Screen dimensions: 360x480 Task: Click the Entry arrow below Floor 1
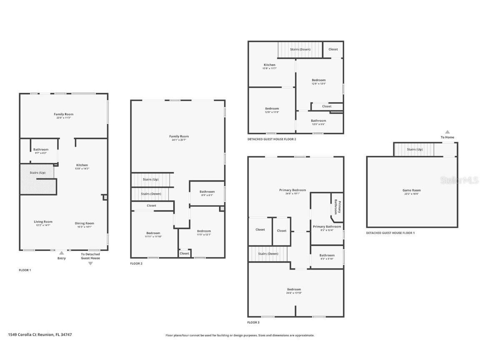(62, 252)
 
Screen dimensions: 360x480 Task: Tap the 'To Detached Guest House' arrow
(90, 263)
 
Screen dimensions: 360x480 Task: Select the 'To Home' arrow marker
(447, 132)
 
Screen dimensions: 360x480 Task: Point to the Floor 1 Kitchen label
(82, 165)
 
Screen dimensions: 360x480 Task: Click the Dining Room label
(85, 223)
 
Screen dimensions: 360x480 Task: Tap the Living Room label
(43, 222)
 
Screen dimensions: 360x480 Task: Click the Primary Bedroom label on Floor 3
(292, 190)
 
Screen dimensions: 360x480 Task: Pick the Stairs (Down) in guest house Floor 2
(300, 49)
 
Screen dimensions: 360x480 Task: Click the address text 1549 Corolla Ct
(37, 334)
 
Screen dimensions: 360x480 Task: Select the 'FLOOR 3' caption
(253, 322)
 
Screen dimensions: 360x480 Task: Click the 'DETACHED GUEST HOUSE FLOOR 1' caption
(390, 233)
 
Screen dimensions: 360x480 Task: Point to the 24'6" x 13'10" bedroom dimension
(294, 293)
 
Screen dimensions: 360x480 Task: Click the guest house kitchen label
(269, 65)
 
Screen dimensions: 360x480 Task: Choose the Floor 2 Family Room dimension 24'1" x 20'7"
(179, 140)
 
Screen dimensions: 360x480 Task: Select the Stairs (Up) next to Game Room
(415, 149)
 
